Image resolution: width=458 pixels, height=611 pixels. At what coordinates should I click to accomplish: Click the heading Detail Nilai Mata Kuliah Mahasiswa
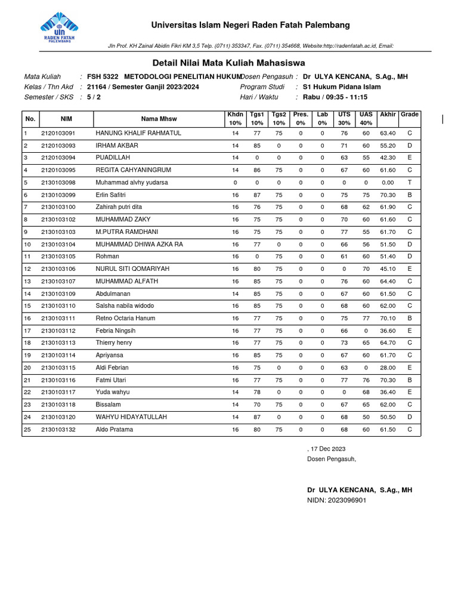click(x=228, y=63)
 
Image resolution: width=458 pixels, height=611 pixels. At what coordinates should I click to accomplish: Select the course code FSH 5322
click(x=103, y=77)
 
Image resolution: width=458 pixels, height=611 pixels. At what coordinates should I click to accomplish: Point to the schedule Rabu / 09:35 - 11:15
click(x=335, y=97)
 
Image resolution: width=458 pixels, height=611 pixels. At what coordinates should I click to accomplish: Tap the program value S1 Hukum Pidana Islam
click(x=342, y=87)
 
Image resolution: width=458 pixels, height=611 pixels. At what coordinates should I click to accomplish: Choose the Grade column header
click(x=410, y=114)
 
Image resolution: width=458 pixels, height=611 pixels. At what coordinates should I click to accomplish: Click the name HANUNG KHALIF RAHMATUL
click(x=138, y=133)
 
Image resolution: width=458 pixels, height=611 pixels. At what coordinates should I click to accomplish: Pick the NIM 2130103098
click(x=58, y=183)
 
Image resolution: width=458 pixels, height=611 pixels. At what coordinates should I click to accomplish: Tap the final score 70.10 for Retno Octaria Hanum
click(x=388, y=319)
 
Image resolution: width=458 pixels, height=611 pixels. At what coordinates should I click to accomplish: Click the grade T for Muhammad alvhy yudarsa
click(x=410, y=183)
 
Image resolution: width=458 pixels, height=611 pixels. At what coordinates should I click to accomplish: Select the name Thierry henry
click(x=114, y=343)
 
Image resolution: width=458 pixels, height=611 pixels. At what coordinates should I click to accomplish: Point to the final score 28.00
click(x=388, y=368)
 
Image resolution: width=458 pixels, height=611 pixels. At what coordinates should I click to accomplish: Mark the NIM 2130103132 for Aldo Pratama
click(x=58, y=430)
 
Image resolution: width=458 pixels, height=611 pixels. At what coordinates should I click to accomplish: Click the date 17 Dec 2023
click(x=327, y=449)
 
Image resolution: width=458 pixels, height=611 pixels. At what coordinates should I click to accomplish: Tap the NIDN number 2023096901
click(x=346, y=500)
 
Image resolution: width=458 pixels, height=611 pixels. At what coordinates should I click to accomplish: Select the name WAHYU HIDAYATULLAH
click(x=131, y=417)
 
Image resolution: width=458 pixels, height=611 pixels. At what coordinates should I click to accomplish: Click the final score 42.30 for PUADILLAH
click(x=388, y=158)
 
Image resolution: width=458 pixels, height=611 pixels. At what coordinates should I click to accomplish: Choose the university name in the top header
click(x=250, y=25)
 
